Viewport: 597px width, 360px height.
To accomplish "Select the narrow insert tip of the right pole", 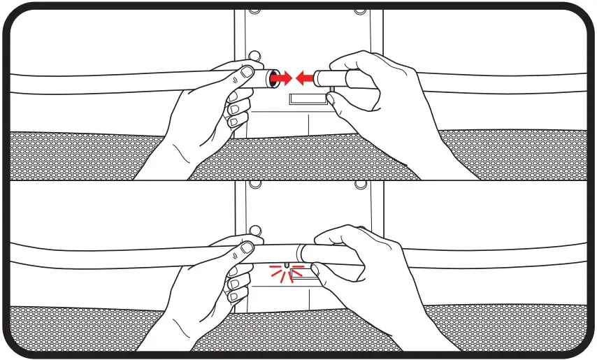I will pyautogui.click(x=321, y=76).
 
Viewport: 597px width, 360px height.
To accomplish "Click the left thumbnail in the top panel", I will pyautogui.click(x=245, y=73).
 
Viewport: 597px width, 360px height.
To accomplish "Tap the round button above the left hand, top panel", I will pyautogui.click(x=255, y=55).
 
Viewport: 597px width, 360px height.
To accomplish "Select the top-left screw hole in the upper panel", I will pyautogui.click(x=252, y=10).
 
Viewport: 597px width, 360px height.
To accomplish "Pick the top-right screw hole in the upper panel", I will pyautogui.click(x=359, y=10).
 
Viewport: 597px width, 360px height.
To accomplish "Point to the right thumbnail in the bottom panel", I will pyautogui.click(x=316, y=268).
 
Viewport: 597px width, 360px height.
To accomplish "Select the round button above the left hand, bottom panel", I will pyautogui.click(x=255, y=230).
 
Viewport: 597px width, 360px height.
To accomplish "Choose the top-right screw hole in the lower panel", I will pyautogui.click(x=359, y=185).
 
